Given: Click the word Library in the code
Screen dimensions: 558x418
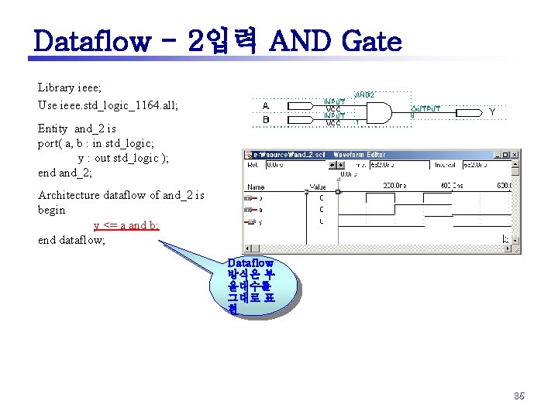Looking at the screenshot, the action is tap(56, 88).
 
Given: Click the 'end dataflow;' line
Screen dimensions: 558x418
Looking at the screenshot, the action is tap(71, 240).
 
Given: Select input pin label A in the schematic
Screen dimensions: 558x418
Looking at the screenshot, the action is tap(266, 106).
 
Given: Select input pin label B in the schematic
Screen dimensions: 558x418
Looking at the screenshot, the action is tap(266, 120).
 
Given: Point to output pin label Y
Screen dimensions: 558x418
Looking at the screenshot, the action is tap(492, 113).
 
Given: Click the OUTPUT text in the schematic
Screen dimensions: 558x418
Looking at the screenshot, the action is tap(425, 109).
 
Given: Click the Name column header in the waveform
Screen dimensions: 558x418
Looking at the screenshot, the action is tap(256, 187).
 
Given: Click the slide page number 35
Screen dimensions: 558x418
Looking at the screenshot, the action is tap(518, 396).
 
